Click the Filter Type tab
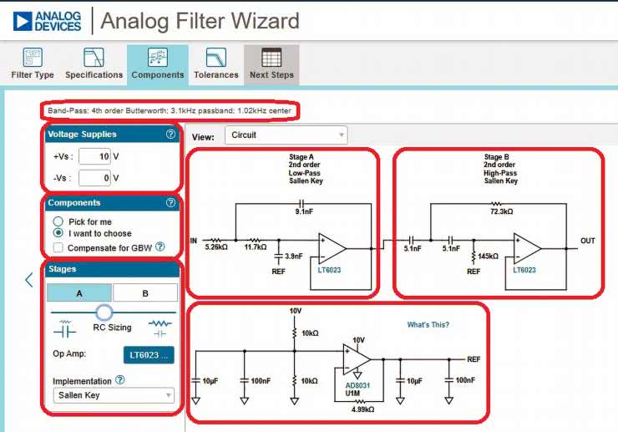[x=33, y=64]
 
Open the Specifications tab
[x=94, y=64]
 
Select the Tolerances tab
[x=215, y=64]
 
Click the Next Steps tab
[x=271, y=64]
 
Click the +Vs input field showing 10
[x=95, y=156]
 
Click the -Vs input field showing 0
[x=95, y=177]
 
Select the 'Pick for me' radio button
[x=58, y=222]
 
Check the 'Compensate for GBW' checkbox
[x=58, y=247]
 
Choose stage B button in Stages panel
[x=144, y=292]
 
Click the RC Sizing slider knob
[x=104, y=313]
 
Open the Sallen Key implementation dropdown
[x=111, y=395]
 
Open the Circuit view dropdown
[x=286, y=135]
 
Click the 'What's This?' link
[x=428, y=325]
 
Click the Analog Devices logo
[x=48, y=21]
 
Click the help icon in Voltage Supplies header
[x=170, y=134]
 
